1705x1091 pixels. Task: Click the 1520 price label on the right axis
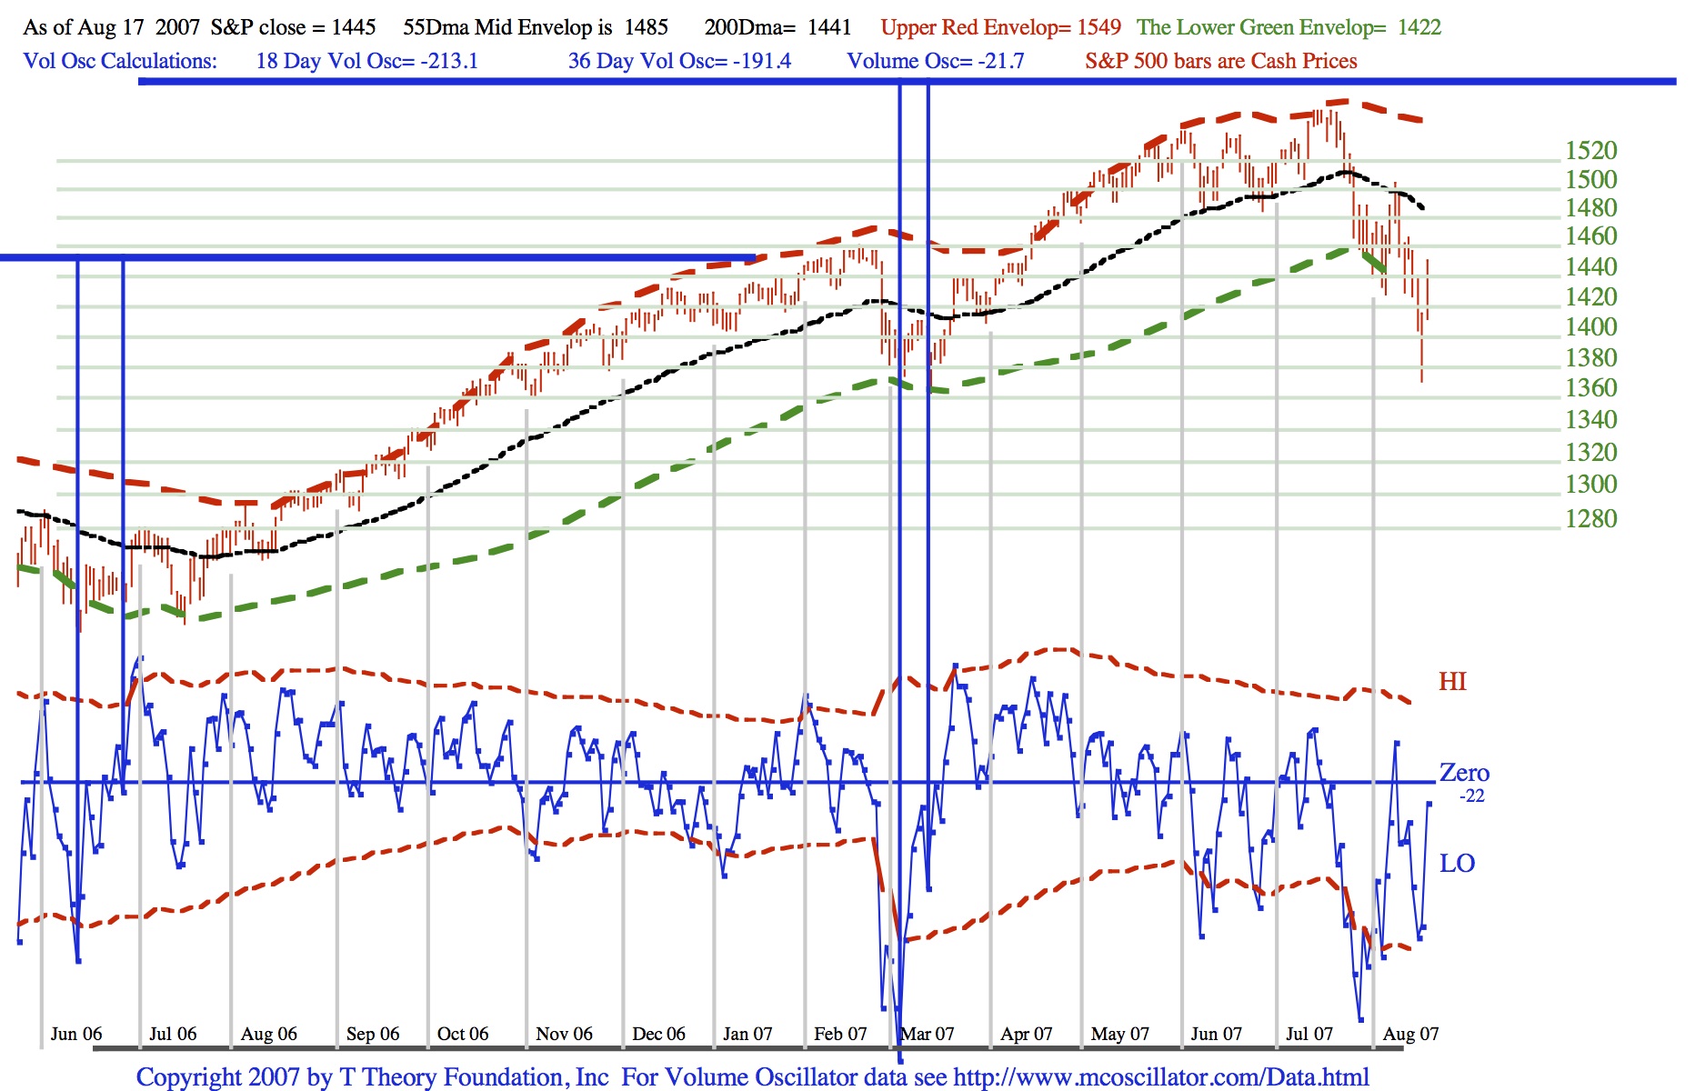1590,151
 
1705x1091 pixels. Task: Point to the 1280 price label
1590,519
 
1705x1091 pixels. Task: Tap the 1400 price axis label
1590,327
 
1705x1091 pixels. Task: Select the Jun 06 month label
76,1034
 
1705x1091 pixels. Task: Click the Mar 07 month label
928,1034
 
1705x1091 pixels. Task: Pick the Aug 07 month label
1410,1034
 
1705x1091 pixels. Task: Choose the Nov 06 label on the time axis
564,1034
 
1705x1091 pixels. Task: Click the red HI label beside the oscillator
1452,682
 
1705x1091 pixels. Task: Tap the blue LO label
1457,864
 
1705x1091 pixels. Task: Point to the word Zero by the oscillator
1464,773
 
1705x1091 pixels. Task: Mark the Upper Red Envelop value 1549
1098,27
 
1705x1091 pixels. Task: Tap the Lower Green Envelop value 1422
1419,27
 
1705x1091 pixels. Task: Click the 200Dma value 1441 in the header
829,27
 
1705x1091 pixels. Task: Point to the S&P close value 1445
354,27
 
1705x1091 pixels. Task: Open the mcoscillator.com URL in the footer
1160,1077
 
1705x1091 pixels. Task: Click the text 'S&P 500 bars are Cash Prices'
1220,61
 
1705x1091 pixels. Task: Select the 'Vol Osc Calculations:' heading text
120,61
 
